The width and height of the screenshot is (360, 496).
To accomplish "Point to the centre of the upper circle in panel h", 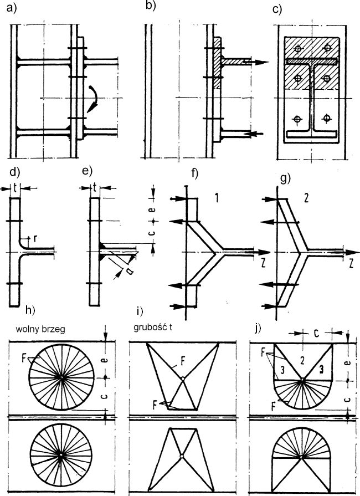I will click(x=60, y=378).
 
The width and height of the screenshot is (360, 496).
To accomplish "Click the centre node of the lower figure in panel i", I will click(x=182, y=456).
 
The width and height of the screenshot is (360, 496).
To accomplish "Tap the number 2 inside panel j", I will click(x=302, y=360).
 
